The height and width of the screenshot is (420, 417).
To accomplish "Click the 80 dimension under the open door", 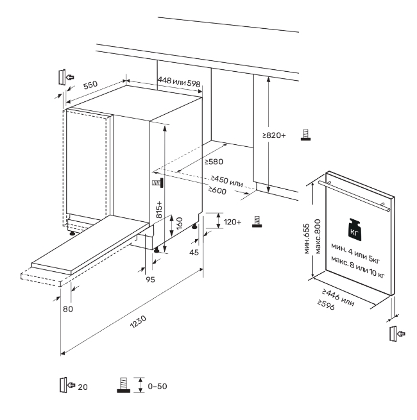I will tap(68, 309).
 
